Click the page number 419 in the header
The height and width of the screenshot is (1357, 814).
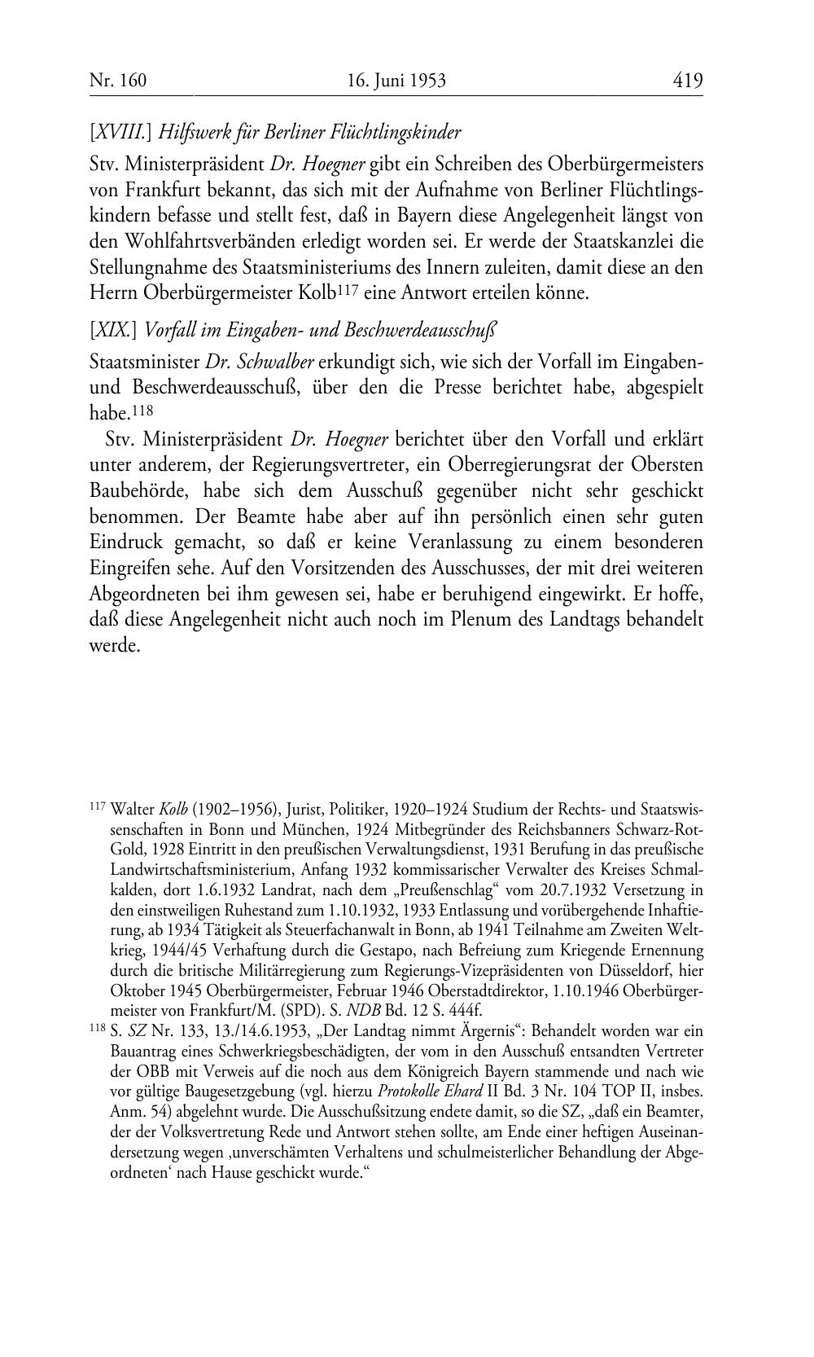(x=687, y=80)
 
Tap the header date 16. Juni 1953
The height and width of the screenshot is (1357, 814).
(x=396, y=80)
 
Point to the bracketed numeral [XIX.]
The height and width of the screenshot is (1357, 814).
(x=113, y=330)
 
